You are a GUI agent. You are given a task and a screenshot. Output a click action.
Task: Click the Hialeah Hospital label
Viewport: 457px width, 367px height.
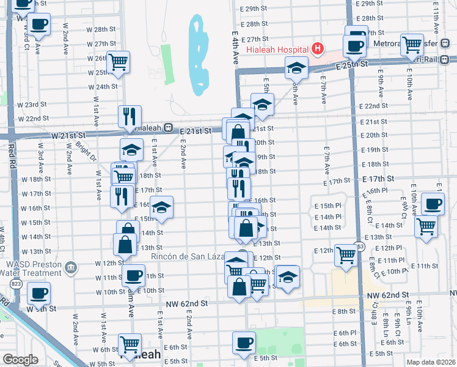point(277,50)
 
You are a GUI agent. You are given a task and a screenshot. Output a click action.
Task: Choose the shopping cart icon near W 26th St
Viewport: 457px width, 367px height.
point(118,61)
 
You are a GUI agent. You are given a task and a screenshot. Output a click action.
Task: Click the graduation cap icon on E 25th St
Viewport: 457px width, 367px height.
point(296,67)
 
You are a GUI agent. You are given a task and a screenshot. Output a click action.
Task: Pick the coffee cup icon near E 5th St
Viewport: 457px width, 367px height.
point(244,342)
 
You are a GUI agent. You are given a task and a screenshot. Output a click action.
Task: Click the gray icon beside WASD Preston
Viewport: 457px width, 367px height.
point(71,267)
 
